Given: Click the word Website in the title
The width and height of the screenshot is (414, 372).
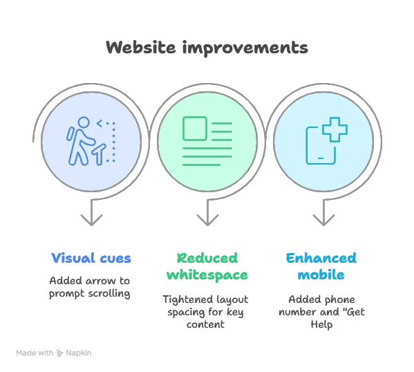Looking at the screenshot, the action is pos(141,48).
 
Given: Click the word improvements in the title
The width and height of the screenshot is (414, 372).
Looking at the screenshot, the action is pos(245,48).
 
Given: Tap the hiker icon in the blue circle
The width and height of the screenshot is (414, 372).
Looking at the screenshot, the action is pos(91,141).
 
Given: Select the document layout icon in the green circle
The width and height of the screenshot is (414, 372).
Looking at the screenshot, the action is pos(207,141).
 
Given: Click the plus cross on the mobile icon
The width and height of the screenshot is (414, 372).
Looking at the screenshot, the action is pos(335,129).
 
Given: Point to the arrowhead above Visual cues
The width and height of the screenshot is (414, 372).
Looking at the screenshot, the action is pos(91,220).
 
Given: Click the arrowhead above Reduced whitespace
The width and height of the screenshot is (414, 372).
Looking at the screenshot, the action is pos(207,220).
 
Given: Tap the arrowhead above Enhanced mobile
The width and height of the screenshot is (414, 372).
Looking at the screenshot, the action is pos(323,220).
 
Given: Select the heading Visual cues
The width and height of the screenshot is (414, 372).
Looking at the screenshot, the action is pos(91,258).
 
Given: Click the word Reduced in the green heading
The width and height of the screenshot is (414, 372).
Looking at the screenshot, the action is pos(207,258).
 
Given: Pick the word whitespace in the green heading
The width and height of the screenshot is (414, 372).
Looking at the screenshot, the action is pos(207,275).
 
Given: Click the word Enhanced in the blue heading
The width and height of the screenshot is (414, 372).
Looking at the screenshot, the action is pos(321,258).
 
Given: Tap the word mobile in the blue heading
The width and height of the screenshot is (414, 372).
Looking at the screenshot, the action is pos(321,275).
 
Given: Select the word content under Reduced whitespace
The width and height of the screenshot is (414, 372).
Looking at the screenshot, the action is pos(205,324).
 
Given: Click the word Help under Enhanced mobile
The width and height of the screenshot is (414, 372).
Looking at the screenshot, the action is pos(321,325).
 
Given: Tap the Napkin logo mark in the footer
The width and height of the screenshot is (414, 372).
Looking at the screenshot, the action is pos(60,353).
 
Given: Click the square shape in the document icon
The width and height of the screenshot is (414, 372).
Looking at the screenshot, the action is pos(195,129).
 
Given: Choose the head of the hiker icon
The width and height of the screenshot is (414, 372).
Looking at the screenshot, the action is pos(84,122).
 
